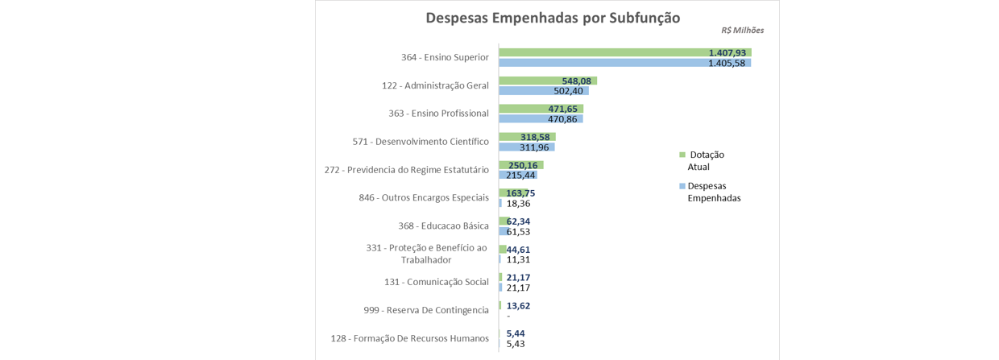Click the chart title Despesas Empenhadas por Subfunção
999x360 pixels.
[553, 18]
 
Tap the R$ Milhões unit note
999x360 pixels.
[742, 31]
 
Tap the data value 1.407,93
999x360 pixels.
[727, 52]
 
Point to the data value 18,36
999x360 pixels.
[518, 204]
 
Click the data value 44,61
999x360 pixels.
[518, 250]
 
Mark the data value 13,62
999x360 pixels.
[518, 306]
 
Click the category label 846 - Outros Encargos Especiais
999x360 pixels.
[424, 197]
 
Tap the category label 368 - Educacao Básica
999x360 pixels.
[443, 226]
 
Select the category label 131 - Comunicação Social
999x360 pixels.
[436, 282]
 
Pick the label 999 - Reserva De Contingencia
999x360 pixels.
[426, 310]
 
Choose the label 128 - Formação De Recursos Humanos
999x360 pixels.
[409, 338]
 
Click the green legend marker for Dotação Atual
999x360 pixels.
[682, 154]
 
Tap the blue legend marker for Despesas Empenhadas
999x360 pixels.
[682, 186]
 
